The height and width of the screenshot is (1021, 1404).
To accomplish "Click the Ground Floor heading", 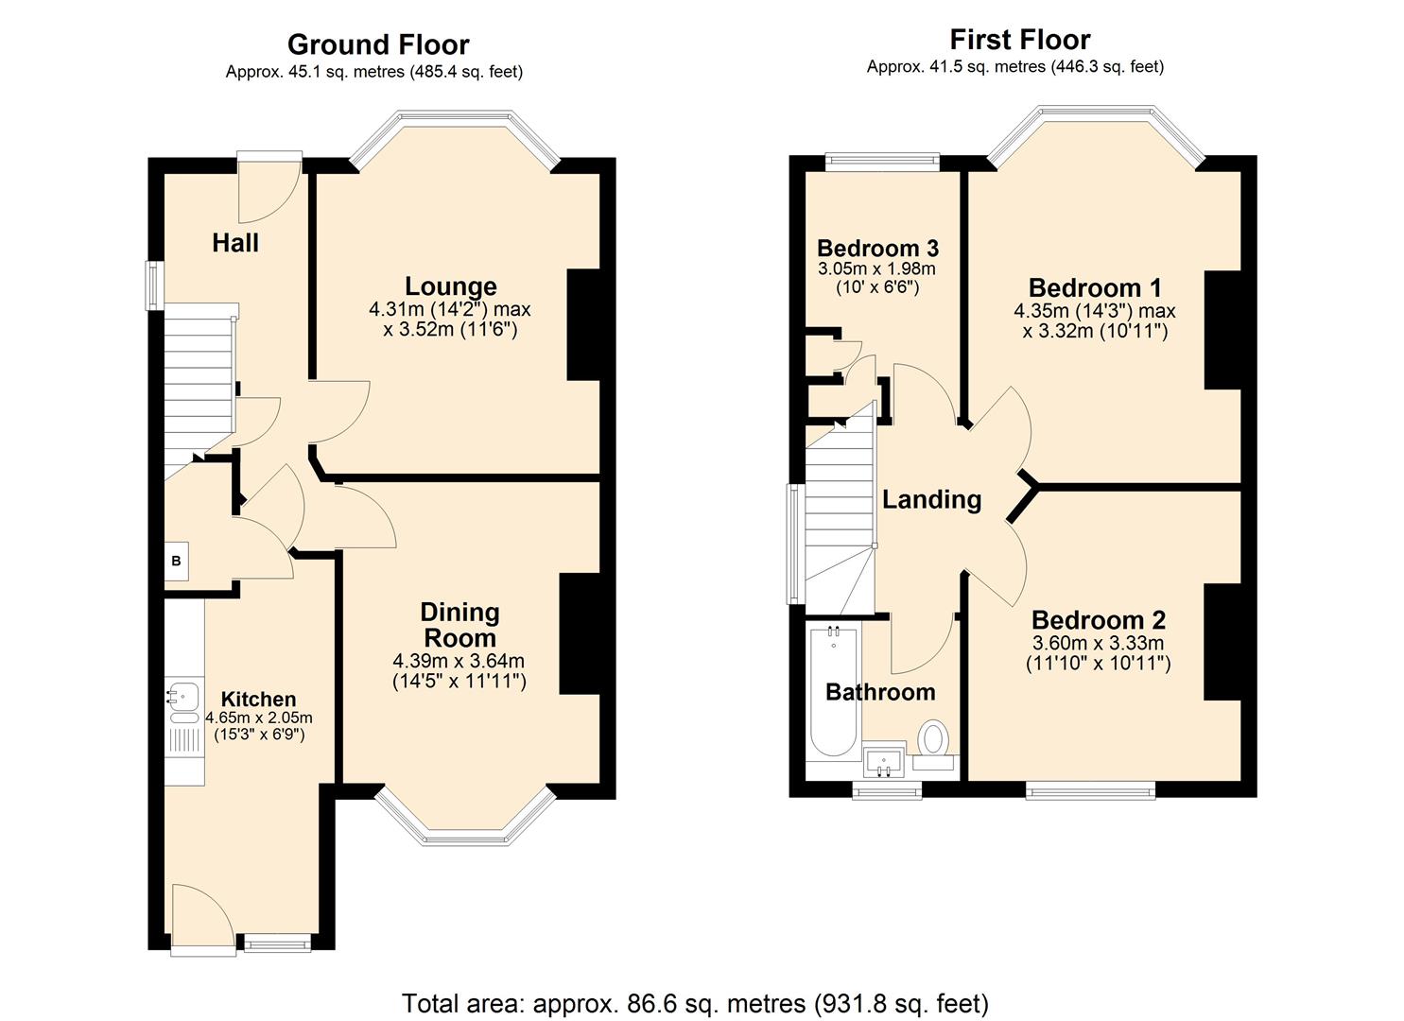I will [377, 44].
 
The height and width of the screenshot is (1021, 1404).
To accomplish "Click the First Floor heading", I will [1019, 40].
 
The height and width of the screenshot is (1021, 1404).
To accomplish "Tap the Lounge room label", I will [450, 286].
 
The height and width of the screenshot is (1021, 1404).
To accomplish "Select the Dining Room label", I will [459, 625].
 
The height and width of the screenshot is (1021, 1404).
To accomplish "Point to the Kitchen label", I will [258, 700].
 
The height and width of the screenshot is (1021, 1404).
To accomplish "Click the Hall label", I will [235, 243].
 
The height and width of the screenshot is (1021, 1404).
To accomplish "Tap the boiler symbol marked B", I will [176, 562].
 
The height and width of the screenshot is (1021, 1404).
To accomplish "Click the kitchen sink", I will [183, 696].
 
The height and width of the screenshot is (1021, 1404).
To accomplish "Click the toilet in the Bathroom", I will [935, 738].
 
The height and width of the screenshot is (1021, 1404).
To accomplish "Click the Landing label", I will [931, 499].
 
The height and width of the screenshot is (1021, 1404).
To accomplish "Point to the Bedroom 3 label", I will [877, 249].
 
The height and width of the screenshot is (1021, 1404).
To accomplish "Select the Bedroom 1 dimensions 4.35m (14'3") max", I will [1094, 311].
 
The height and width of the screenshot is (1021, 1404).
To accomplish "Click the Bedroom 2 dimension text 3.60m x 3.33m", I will [1098, 643].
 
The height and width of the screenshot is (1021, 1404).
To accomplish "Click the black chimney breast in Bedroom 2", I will [1222, 642].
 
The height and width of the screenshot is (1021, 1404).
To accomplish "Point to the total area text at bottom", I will [695, 1002].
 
